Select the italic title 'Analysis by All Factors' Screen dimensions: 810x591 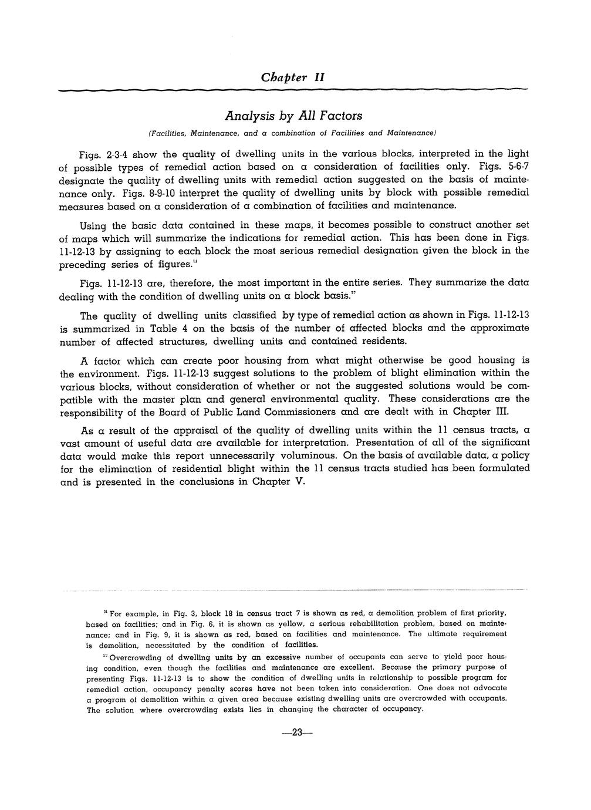(x=293, y=116)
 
